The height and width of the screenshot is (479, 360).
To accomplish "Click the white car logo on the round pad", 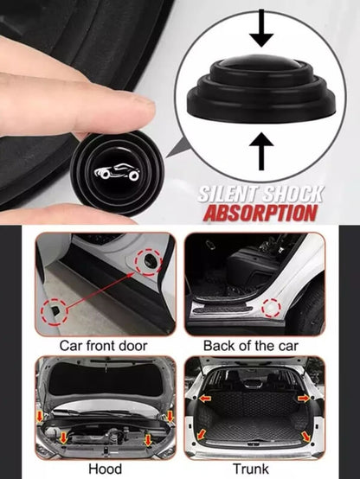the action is (117, 172).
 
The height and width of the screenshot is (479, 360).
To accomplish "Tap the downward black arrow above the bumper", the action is (261, 29).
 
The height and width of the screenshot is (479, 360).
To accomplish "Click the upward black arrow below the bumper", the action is (261, 151).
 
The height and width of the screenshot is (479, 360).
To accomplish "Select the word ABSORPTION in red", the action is (260, 213).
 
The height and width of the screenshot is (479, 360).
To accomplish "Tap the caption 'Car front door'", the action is (103, 346).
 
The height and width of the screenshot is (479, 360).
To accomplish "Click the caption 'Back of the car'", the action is (251, 346).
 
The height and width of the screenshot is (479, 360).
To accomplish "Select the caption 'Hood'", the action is (105, 469).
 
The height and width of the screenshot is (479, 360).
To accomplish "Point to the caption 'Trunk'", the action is (251, 469).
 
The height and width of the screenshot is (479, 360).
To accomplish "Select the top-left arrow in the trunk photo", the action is (206, 398).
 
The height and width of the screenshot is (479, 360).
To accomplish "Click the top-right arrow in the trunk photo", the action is (304, 398).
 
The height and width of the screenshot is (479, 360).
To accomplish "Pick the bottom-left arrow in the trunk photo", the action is (202, 434).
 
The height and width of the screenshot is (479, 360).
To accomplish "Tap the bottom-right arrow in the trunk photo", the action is (305, 437).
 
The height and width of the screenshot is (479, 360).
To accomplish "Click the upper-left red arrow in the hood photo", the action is (40, 417).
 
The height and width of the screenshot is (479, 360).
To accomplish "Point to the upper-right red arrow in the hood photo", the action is (170, 417).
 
